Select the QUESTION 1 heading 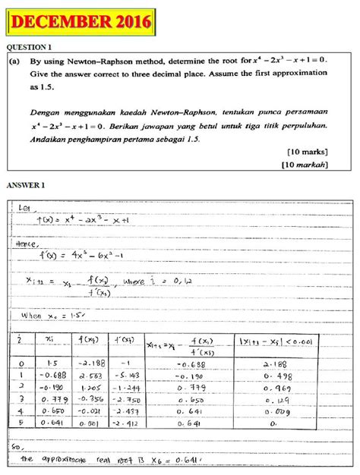tap(30, 47)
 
